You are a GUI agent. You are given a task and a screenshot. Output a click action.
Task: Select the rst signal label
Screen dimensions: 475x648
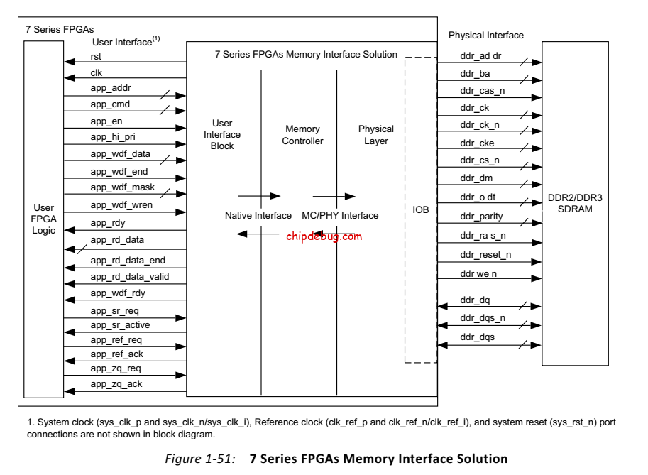pyautogui.click(x=97, y=56)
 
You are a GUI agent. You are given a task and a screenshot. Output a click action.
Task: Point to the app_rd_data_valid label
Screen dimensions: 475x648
pyautogui.click(x=129, y=275)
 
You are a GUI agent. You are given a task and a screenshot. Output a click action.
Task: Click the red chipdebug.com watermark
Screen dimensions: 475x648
pyautogui.click(x=324, y=236)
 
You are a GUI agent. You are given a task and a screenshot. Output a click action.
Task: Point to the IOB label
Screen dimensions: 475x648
pyautogui.click(x=421, y=210)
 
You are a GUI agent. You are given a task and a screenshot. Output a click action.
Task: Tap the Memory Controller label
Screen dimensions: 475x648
pyautogui.click(x=302, y=135)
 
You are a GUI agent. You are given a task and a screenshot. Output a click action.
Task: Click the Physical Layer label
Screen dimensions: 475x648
pyautogui.click(x=375, y=135)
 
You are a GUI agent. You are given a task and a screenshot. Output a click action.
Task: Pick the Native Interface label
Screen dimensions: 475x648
pyautogui.click(x=258, y=215)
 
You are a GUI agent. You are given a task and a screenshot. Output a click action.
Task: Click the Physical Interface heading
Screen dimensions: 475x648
pyautogui.click(x=486, y=35)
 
